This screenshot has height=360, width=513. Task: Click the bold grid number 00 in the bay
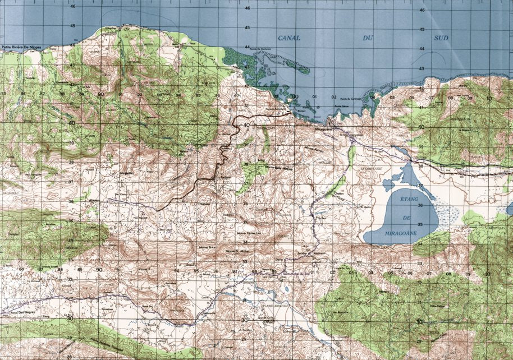(x=295, y=96)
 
